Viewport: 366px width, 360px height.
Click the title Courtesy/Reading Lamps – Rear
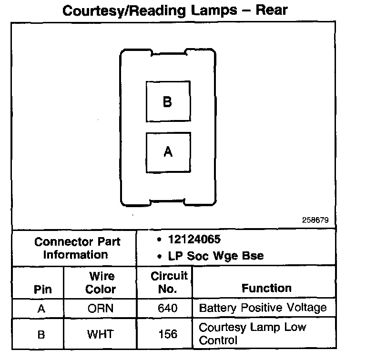[x=175, y=10]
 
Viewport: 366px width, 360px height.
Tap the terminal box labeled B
[x=168, y=102]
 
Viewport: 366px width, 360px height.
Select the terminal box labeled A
[x=168, y=152]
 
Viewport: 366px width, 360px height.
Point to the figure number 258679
[x=315, y=220]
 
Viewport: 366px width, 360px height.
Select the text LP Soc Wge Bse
[x=213, y=256]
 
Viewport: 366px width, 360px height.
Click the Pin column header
[x=43, y=290]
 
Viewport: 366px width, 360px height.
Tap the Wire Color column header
[x=101, y=283]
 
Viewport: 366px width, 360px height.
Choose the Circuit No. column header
[x=169, y=282]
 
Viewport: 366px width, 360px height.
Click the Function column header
[x=266, y=288]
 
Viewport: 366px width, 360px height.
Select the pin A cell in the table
[x=42, y=309]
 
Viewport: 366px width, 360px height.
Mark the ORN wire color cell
[x=101, y=309]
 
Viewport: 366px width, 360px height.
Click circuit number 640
[x=167, y=309]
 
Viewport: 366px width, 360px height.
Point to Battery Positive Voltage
[x=263, y=308]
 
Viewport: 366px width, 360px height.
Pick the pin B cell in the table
[x=42, y=334]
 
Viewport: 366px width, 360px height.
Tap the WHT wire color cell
[x=101, y=334]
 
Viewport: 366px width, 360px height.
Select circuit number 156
[x=167, y=334]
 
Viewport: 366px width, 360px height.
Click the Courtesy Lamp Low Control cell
[x=253, y=334]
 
